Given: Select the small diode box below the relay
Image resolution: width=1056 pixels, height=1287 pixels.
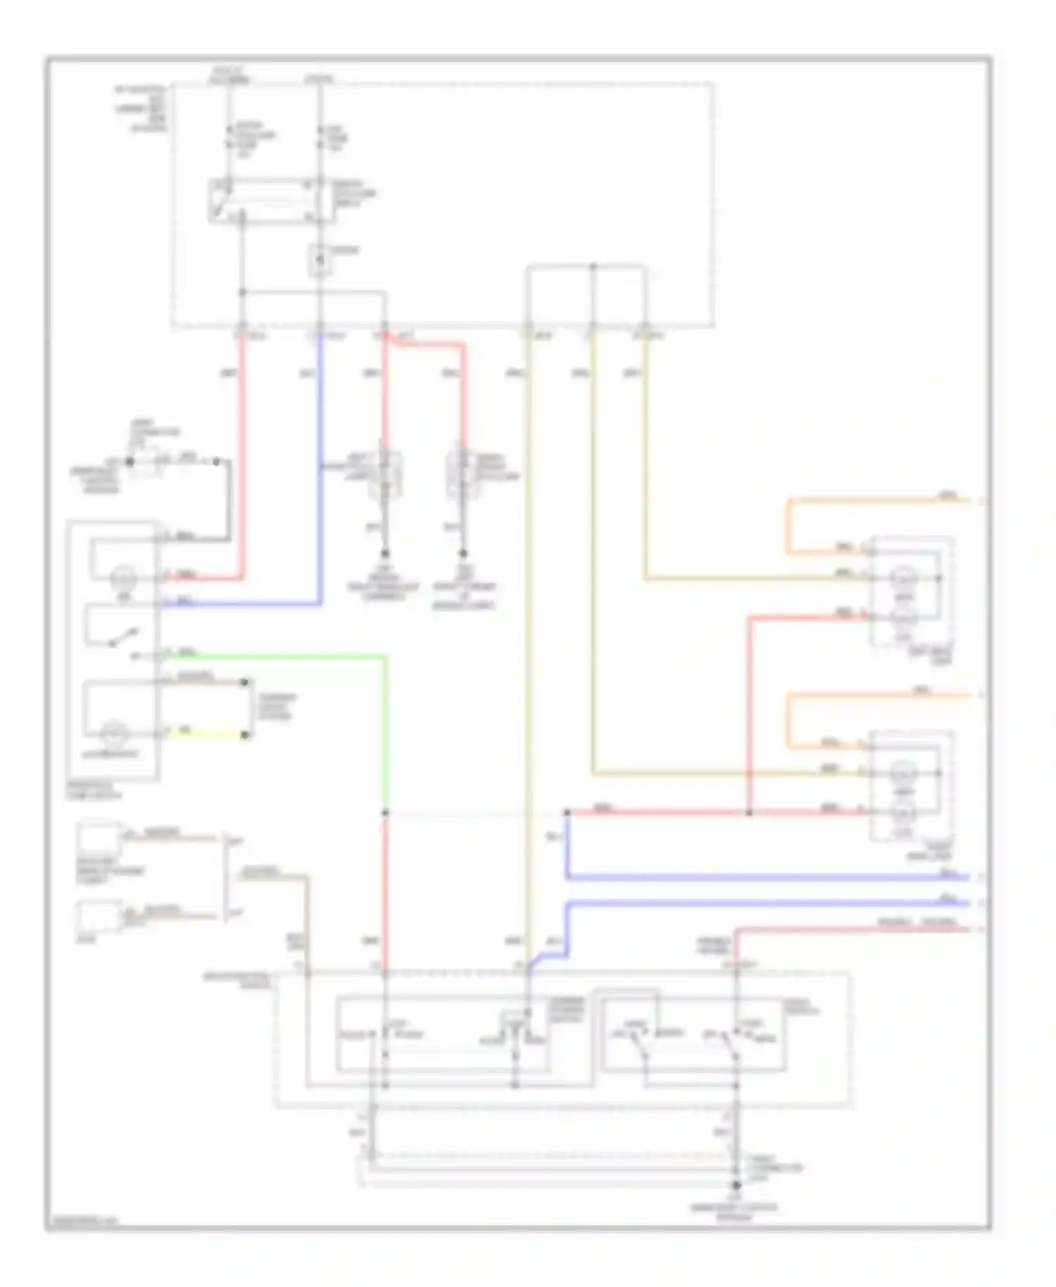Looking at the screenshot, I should pyautogui.click(x=320, y=260).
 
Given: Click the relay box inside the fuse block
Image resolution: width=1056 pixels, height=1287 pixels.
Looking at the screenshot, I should pyautogui.click(x=271, y=201).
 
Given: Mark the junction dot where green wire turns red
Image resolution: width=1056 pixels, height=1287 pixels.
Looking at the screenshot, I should pyautogui.click(x=385, y=812).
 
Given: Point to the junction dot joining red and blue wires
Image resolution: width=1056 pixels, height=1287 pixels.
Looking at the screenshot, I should pyautogui.click(x=567, y=813).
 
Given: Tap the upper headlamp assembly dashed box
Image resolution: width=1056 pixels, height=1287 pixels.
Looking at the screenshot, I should pyautogui.click(x=912, y=591).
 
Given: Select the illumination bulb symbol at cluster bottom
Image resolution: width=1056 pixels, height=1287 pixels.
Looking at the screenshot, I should pyautogui.click(x=113, y=734).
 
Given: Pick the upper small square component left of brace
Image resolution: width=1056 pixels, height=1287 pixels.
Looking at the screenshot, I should pyautogui.click(x=99, y=837).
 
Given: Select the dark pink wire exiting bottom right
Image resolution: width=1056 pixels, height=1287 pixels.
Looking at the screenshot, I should pyautogui.click(x=845, y=929).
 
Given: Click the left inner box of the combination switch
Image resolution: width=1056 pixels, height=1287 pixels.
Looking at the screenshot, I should pyautogui.click(x=444, y=1034).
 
